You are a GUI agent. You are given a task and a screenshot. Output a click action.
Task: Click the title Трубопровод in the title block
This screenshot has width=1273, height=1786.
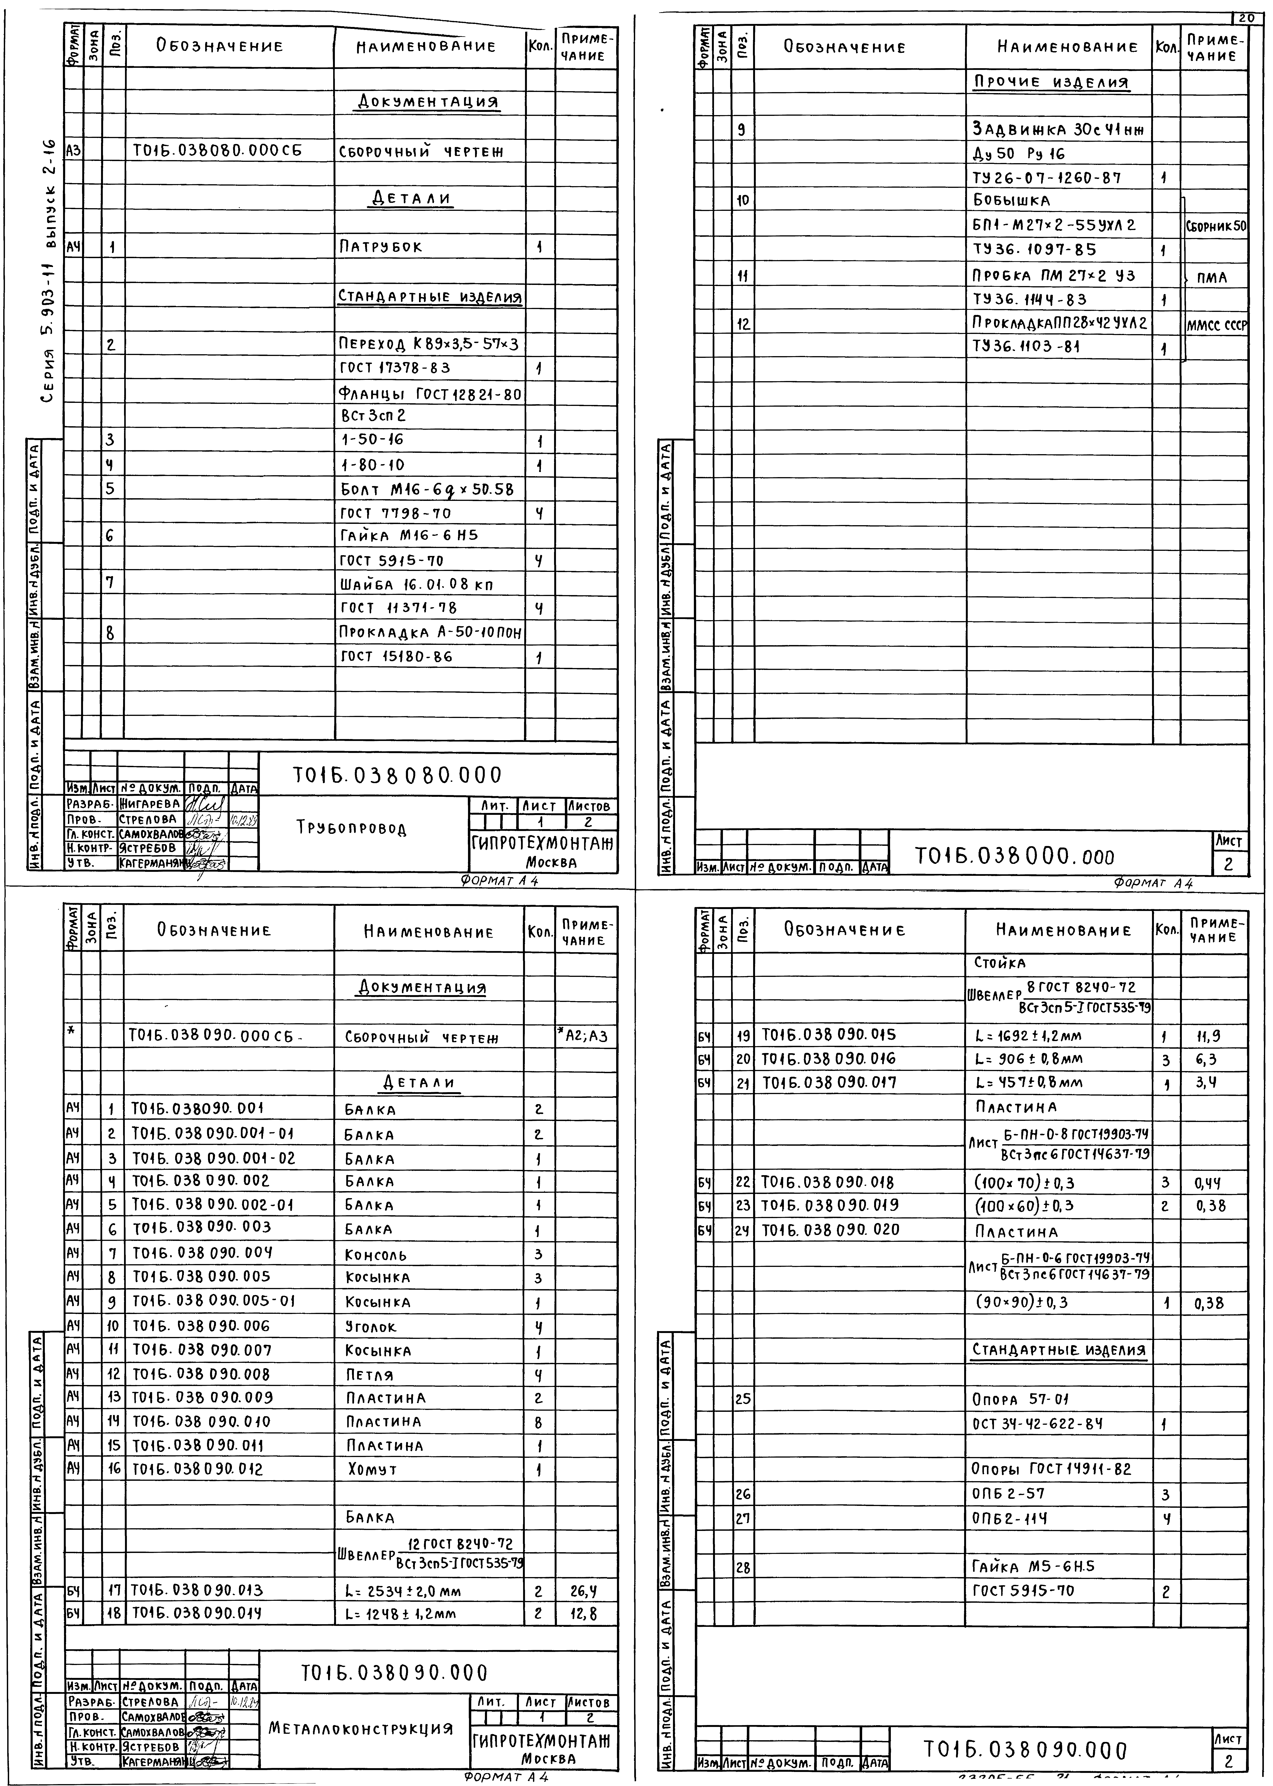click(352, 828)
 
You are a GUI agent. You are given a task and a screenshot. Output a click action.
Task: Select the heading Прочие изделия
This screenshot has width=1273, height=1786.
click(1050, 81)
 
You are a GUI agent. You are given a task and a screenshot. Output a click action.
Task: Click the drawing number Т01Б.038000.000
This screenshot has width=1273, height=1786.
click(1014, 857)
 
